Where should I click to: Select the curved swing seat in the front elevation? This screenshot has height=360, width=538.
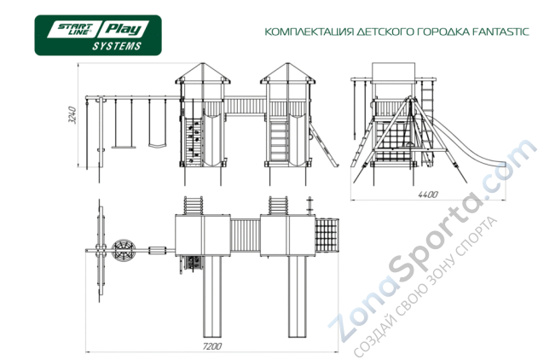(x=157, y=145)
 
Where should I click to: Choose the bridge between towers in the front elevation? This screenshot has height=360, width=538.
(x=246, y=106)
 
